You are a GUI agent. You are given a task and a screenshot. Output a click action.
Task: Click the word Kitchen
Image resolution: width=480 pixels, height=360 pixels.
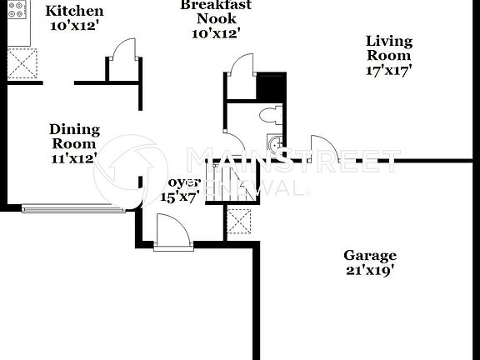74,11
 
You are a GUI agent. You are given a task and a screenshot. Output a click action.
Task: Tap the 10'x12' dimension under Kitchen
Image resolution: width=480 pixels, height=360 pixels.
74,27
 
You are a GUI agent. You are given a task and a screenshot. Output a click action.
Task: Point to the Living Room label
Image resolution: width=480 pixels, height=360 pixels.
389,47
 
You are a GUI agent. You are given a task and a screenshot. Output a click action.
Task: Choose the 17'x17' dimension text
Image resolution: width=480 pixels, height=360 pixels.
389,71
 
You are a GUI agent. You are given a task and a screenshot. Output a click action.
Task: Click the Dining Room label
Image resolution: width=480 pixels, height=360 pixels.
74,137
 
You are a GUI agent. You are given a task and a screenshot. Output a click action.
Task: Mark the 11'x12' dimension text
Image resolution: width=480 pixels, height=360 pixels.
74,157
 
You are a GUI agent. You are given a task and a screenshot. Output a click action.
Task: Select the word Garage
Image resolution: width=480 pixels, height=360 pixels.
370,255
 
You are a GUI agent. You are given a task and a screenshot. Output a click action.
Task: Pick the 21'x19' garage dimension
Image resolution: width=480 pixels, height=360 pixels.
370,270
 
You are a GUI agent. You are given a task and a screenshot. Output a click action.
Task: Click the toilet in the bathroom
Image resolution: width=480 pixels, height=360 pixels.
268,115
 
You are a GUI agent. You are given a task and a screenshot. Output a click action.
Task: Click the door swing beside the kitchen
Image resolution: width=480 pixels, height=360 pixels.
122,58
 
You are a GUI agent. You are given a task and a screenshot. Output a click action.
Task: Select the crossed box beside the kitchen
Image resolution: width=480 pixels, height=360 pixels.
22,63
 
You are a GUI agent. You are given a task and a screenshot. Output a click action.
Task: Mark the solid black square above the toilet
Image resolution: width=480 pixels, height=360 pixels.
270,86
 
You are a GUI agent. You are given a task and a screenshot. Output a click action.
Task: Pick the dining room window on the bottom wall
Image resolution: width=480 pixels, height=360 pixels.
73,208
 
